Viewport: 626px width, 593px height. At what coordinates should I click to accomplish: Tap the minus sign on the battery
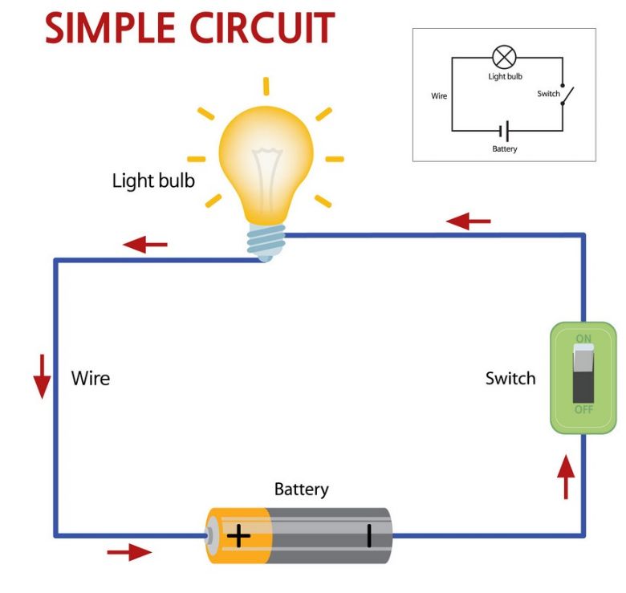pyautogui.click(x=369, y=534)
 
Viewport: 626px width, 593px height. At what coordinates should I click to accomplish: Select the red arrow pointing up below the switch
pyautogui.click(x=567, y=477)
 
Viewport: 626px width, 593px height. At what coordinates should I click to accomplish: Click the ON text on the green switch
pyautogui.click(x=583, y=339)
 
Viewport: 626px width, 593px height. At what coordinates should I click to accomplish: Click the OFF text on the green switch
pyautogui.click(x=583, y=411)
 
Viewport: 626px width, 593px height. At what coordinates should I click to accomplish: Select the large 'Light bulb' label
pyautogui.click(x=153, y=181)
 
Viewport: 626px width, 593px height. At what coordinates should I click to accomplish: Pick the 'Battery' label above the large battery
pyautogui.click(x=301, y=489)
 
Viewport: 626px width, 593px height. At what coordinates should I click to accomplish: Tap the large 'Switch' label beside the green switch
pyautogui.click(x=510, y=378)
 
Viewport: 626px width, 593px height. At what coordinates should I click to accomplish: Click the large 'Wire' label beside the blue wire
pyautogui.click(x=91, y=378)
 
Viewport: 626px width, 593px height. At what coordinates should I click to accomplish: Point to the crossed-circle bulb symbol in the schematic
pyautogui.click(x=504, y=58)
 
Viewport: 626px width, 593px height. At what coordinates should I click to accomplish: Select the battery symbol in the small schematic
pyautogui.click(x=504, y=131)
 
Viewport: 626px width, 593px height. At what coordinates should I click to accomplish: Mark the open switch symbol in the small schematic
pyautogui.click(x=565, y=95)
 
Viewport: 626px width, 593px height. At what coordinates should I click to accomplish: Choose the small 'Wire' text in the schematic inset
pyautogui.click(x=439, y=95)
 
